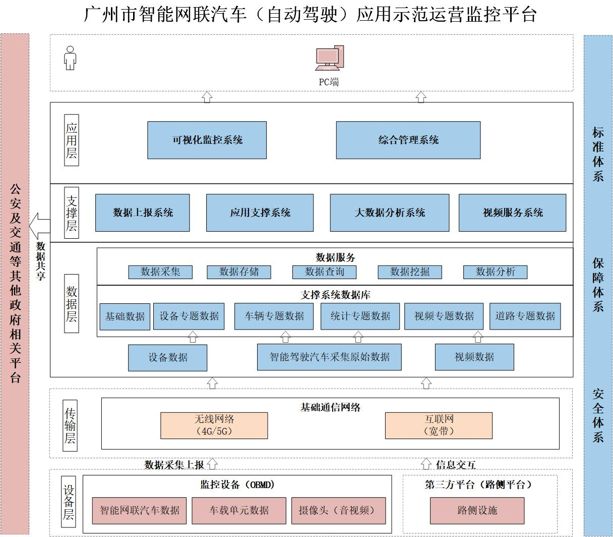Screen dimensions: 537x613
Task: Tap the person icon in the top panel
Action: coord(70,58)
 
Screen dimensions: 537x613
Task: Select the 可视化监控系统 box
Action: coord(207,140)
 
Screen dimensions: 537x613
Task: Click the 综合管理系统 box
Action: coord(408,140)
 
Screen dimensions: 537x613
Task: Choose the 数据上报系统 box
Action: coord(143,212)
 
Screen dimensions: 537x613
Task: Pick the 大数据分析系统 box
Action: coord(389,212)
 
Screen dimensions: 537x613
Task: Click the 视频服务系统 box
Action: coord(512,212)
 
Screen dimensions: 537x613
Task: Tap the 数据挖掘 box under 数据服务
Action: coord(410,272)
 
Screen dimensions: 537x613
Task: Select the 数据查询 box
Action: coord(324,272)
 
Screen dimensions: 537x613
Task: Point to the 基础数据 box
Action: coord(125,316)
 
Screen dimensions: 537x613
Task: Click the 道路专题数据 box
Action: coord(525,316)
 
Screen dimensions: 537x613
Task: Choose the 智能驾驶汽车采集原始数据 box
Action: coord(329,357)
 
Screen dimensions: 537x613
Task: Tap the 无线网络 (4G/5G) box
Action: coord(214,425)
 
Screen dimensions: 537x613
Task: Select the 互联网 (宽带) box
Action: coord(439,425)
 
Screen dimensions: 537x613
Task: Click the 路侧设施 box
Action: coord(477,510)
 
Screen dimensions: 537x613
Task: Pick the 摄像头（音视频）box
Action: coord(338,510)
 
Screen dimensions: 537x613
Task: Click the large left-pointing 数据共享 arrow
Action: coord(39,225)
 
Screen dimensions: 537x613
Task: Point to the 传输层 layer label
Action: coord(71,425)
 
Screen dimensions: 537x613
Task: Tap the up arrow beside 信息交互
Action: coord(426,463)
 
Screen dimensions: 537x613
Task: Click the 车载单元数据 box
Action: coord(239,510)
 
